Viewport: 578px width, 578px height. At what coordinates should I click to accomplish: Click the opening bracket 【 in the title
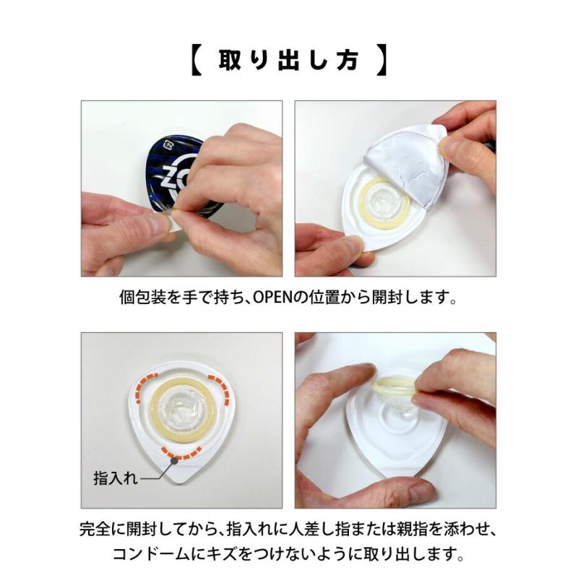click(x=197, y=60)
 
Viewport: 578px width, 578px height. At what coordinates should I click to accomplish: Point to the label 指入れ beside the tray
click(x=115, y=478)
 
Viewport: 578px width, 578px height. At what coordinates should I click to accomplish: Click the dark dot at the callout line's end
click(x=174, y=460)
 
